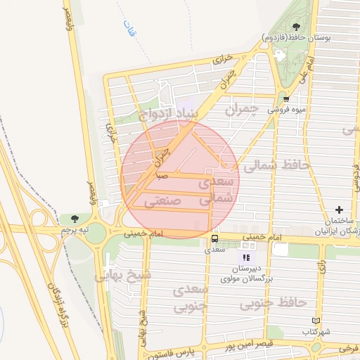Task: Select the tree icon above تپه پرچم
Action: (x=75, y=219)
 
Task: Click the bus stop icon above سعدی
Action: (x=214, y=239)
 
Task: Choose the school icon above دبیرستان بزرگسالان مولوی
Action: (x=246, y=258)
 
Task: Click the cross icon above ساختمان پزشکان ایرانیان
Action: (x=340, y=210)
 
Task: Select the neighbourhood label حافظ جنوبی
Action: (x=274, y=303)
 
